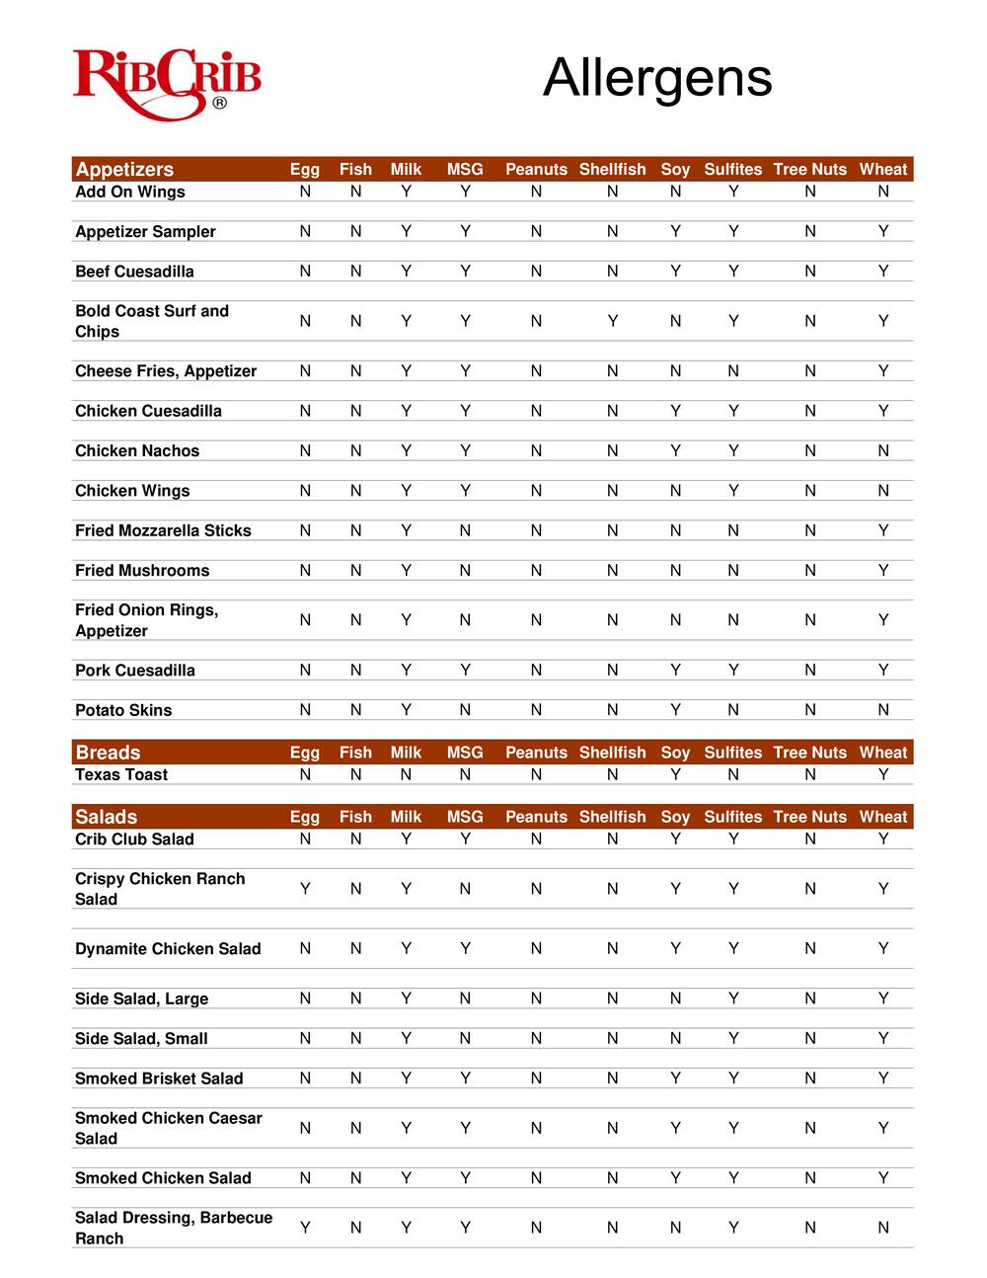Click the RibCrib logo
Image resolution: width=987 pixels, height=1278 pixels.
coord(167,84)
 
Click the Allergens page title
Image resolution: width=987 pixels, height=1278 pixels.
coord(657,77)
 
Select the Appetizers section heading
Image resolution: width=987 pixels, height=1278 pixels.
coord(124,169)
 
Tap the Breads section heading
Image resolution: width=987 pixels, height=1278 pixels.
coord(108,753)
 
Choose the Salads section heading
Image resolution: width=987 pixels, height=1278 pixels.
coord(106,817)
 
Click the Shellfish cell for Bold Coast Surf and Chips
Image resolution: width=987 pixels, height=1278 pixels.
coord(613,321)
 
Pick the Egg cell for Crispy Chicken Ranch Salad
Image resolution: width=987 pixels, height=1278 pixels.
coord(305,889)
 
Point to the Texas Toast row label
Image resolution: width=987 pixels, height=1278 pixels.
coord(121,775)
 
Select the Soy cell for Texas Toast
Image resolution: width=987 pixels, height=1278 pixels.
coord(675,775)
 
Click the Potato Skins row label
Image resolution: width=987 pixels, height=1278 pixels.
coord(123,710)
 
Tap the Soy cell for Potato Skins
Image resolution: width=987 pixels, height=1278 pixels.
coord(675,710)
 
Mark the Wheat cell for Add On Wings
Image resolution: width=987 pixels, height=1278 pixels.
coord(883,192)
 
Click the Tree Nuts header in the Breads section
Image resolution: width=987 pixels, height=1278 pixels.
coord(810,753)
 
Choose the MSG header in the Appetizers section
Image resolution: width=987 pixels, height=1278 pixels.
coord(465,169)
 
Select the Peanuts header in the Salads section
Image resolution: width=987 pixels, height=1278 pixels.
coord(536,817)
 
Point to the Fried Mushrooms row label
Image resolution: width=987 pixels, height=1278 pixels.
coord(142,571)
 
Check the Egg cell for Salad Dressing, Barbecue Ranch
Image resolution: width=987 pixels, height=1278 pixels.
coord(305,1228)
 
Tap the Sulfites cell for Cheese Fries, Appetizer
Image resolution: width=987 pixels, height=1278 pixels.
coord(733,371)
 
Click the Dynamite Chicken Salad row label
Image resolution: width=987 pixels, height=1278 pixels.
coord(168,949)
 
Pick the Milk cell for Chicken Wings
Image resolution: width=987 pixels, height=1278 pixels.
coord(406,491)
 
